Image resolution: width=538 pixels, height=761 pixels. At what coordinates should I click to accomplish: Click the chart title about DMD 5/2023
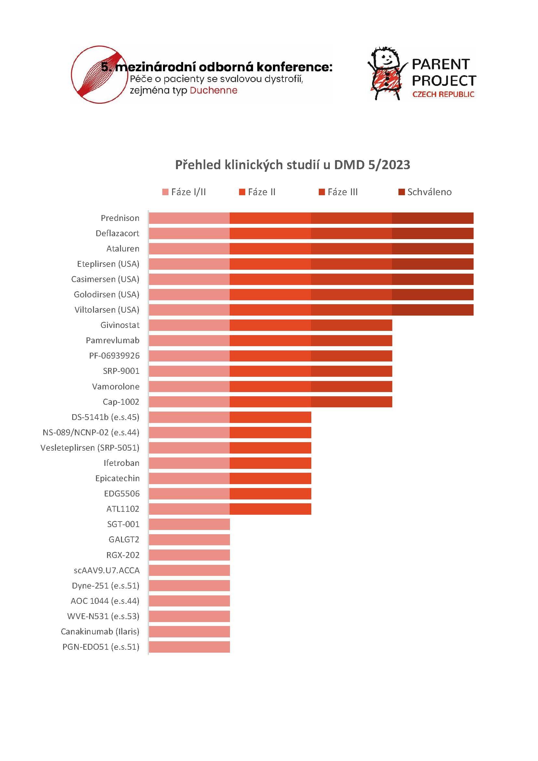pyautogui.click(x=292, y=165)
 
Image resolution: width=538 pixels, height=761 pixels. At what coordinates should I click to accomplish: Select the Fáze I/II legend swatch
pyautogui.click(x=165, y=192)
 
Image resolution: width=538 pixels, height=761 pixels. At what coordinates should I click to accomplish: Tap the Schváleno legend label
pyautogui.click(x=429, y=192)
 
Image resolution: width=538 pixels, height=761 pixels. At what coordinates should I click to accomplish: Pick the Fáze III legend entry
pyautogui.click(x=342, y=192)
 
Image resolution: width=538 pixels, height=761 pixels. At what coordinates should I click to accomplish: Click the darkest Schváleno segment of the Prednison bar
pyautogui.click(x=432, y=218)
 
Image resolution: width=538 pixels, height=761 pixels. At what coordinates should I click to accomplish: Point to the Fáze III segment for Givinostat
pyautogui.click(x=351, y=325)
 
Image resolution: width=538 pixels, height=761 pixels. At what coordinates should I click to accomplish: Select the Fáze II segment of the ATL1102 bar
pyautogui.click(x=270, y=509)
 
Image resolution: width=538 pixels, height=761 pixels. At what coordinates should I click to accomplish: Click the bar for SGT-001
pyautogui.click(x=189, y=524)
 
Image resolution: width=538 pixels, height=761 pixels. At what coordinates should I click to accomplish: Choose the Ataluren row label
pyautogui.click(x=123, y=249)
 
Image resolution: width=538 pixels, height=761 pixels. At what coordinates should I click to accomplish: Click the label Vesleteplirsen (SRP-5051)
pyautogui.click(x=90, y=448)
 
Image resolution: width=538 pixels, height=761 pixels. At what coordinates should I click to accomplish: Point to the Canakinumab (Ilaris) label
pyautogui.click(x=100, y=632)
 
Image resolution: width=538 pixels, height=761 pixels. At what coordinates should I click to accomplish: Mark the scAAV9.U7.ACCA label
pyautogui.click(x=106, y=570)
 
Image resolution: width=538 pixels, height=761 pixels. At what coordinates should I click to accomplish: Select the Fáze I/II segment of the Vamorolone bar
pyautogui.click(x=189, y=387)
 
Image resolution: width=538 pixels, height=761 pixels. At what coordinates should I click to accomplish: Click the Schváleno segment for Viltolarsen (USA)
pyautogui.click(x=432, y=310)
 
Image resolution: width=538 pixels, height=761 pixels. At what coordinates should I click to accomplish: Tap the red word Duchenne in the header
pyautogui.click(x=213, y=90)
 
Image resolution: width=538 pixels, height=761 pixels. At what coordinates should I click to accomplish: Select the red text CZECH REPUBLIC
pyautogui.click(x=443, y=94)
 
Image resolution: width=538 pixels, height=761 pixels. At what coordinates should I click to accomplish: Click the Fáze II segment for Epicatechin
pyautogui.click(x=270, y=478)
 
